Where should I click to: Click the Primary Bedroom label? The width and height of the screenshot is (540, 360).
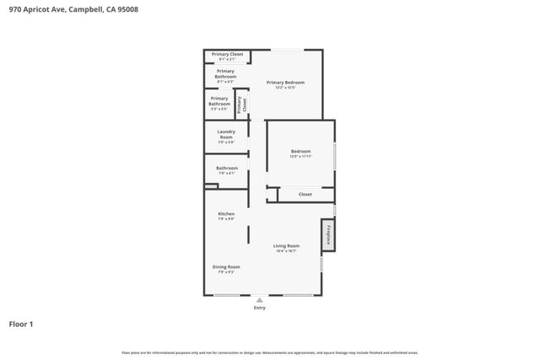click(285, 82)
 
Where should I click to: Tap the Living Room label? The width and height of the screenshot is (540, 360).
click(286, 245)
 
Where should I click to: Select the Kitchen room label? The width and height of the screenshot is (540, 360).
click(226, 214)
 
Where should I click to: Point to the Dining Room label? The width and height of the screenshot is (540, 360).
click(226, 266)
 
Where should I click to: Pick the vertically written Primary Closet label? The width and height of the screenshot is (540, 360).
click(240, 105)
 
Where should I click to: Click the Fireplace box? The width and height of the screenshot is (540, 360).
click(328, 235)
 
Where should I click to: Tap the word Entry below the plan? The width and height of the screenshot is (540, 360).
click(260, 308)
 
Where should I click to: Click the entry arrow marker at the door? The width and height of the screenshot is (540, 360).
click(260, 298)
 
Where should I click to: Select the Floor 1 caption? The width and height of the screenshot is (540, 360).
click(22, 324)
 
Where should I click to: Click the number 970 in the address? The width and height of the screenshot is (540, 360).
click(15, 11)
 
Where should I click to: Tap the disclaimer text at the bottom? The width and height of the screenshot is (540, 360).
click(270, 352)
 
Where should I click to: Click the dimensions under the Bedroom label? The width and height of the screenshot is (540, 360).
click(301, 156)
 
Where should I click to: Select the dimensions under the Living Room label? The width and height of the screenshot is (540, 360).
click(286, 250)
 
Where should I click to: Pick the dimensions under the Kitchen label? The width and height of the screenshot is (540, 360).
click(226, 219)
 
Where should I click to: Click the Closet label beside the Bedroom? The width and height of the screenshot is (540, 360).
click(305, 194)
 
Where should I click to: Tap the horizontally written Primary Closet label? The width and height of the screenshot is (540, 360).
click(227, 54)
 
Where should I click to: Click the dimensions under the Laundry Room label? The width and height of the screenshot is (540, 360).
click(226, 142)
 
